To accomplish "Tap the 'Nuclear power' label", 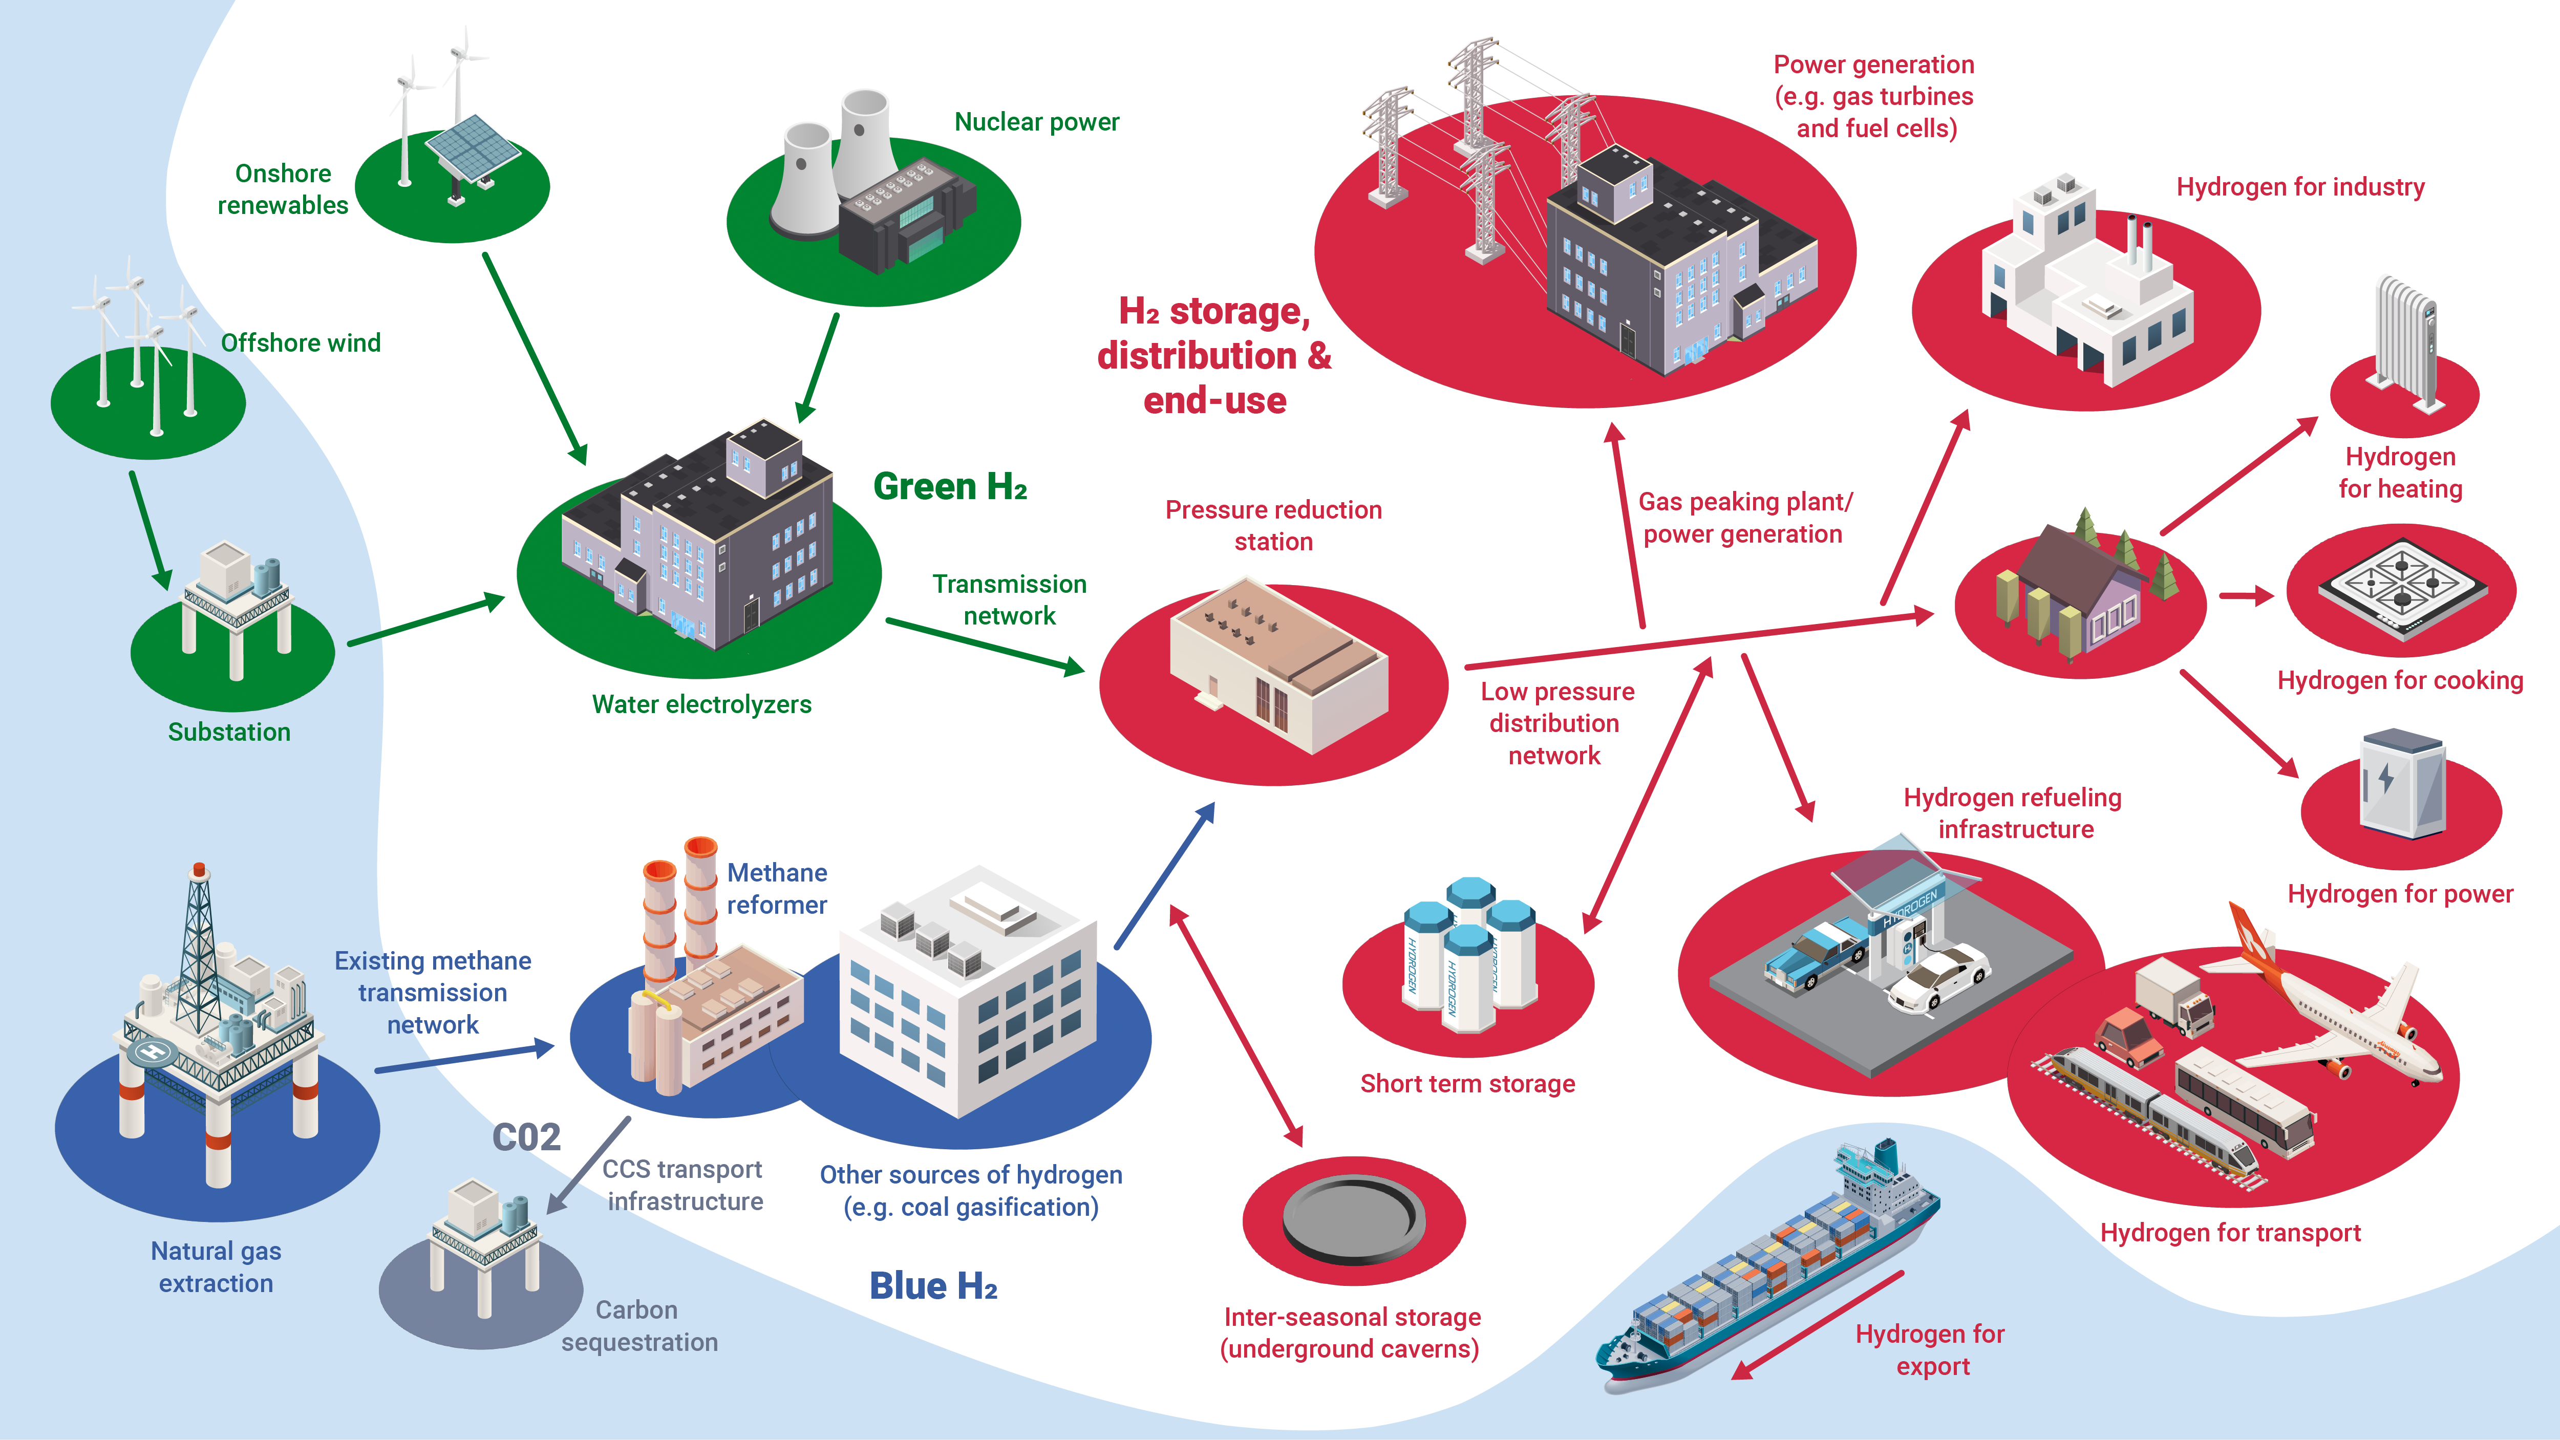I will point(1036,122).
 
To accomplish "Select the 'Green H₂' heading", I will point(949,487).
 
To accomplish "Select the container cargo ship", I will point(1769,1272).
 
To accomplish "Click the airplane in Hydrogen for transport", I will point(2335,1024).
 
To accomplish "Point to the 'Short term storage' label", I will point(1467,1084).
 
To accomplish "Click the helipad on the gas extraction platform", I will point(152,1051).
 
